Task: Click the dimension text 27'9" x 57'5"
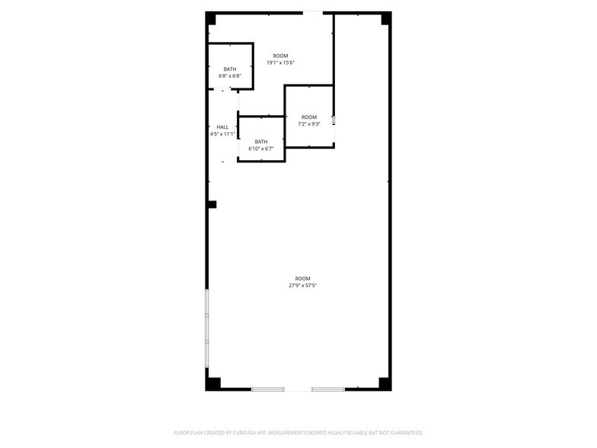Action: point(303,285)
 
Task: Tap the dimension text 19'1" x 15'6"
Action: point(280,62)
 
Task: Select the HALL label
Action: point(222,127)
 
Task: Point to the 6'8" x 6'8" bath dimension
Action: point(230,76)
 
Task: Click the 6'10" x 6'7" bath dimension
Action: point(261,149)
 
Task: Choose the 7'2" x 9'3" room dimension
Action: point(309,123)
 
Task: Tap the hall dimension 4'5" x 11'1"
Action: point(222,134)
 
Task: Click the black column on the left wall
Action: point(212,204)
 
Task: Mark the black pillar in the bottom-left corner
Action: point(213,384)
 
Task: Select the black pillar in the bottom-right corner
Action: point(384,384)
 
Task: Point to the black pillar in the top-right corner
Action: point(385,18)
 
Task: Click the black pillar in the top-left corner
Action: point(211,18)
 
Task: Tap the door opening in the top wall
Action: point(312,14)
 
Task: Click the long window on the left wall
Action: point(207,328)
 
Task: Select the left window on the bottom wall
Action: point(268,389)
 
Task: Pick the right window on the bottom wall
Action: point(327,389)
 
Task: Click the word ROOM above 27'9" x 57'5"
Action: point(303,279)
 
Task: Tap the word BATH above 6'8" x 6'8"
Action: point(230,69)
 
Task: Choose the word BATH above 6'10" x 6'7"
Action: point(261,142)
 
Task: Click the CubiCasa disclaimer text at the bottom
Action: point(298,433)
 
